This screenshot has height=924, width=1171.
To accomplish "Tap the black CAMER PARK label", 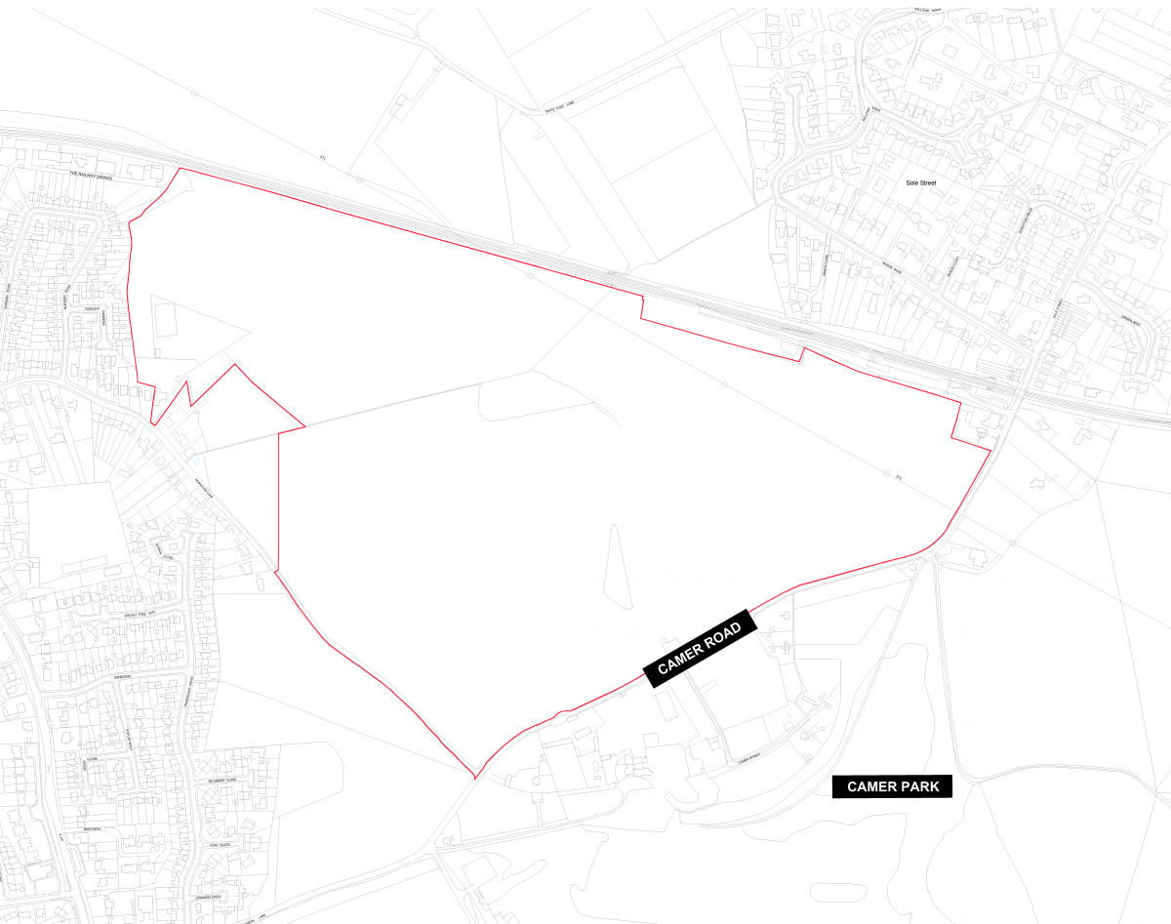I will click(x=891, y=786).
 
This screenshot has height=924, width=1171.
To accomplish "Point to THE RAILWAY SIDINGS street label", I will click(x=92, y=177).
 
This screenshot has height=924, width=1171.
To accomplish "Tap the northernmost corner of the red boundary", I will click(x=179, y=169).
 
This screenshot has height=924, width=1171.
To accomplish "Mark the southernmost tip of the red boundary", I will click(x=474, y=779).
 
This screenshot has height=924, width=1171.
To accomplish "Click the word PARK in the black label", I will click(x=919, y=786).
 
